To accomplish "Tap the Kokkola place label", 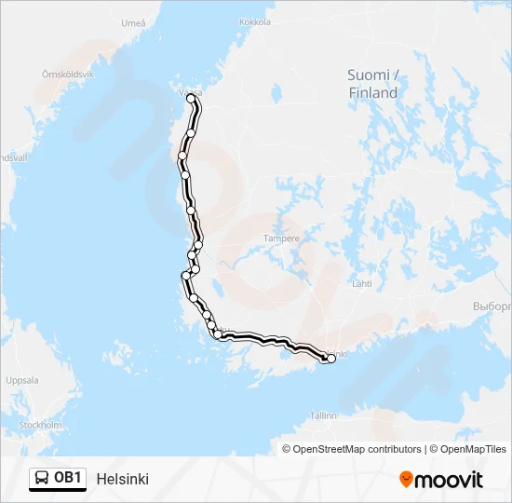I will tap(254, 21).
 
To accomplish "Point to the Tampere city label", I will tap(282, 238).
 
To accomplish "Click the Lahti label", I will tap(361, 283).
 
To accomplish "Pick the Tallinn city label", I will tap(323, 415).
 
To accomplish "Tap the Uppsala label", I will tap(22, 380).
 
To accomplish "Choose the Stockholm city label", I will tap(40, 425).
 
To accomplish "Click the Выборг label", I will tap(492, 306).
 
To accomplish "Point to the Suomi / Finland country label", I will tap(372, 84).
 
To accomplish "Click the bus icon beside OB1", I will tap(43, 478).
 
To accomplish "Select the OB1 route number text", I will tap(68, 478).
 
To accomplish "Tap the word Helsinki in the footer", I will tap(122, 479).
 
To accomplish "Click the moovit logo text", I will tap(449, 480).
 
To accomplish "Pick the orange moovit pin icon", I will tap(406, 479).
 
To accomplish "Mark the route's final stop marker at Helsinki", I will tap(330, 359).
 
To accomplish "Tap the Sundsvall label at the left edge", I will tap(13, 157).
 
